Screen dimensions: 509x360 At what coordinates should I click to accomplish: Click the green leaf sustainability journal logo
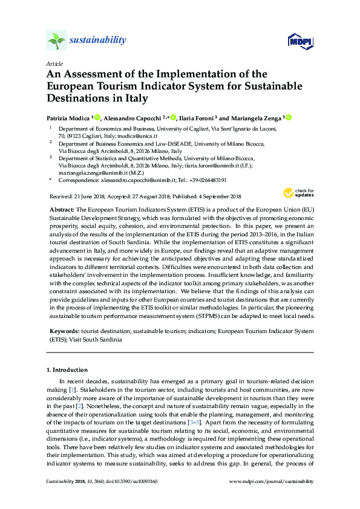pyautogui.click(x=56, y=41)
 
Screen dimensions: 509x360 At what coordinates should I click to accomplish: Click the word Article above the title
pyautogui.click(x=54, y=63)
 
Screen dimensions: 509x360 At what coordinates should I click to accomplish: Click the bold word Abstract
pyautogui.click(x=62, y=208)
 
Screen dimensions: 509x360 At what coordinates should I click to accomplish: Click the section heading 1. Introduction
pyautogui.click(x=67, y=369)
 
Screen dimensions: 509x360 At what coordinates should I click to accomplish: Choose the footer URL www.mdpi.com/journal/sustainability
pyautogui.click(x=272, y=482)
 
